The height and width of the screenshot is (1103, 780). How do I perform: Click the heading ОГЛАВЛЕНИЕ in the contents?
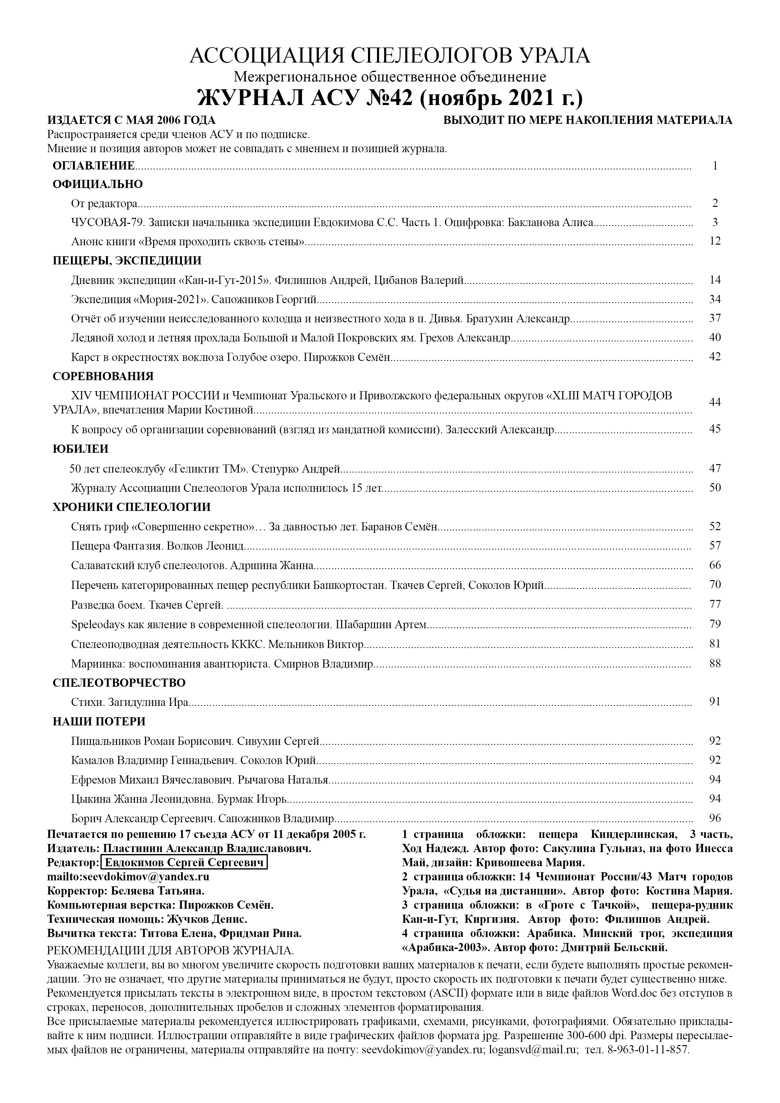point(94,166)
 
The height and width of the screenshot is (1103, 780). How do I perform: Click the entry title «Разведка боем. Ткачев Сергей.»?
point(147,604)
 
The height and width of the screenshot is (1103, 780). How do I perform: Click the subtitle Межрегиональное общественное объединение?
point(390,77)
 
